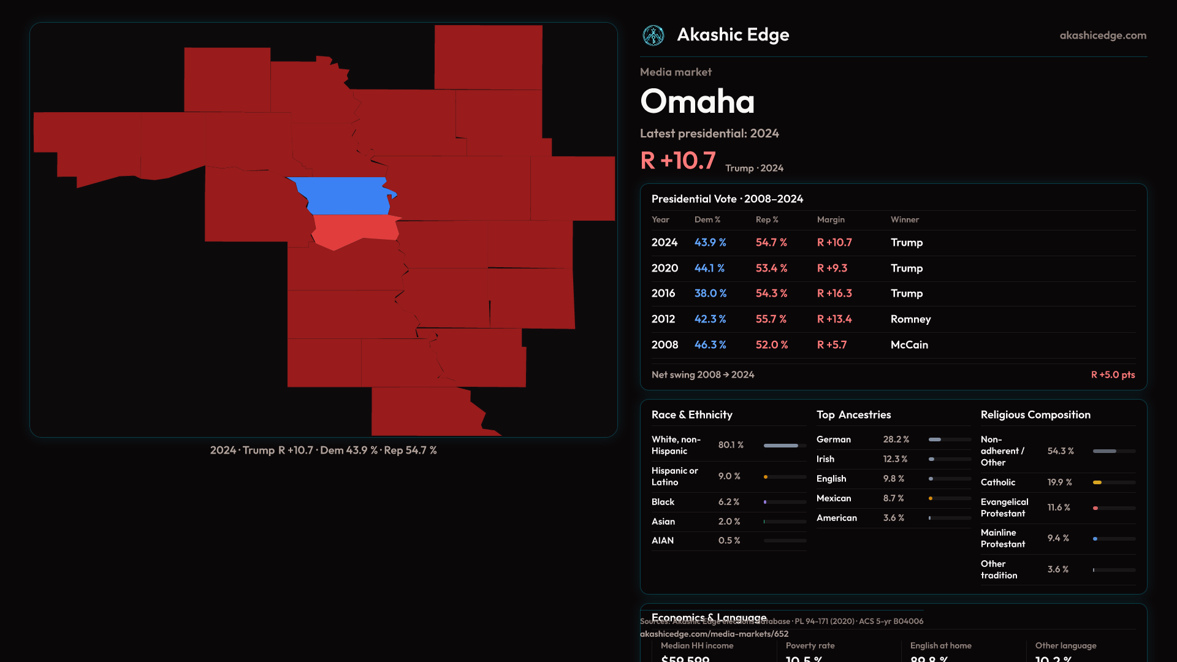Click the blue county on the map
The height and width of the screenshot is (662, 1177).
tap(346, 196)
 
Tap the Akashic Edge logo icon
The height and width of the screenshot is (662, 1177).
tap(653, 36)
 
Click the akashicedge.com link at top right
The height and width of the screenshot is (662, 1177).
tap(1103, 36)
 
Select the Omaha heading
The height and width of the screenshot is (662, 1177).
tap(697, 101)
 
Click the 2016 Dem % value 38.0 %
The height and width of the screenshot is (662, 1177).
tap(710, 294)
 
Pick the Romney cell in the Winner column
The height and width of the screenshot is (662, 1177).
tap(910, 319)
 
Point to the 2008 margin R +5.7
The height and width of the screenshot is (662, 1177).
tap(831, 345)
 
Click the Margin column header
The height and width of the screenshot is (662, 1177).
tap(831, 219)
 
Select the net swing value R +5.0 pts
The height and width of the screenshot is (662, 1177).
tap(1113, 375)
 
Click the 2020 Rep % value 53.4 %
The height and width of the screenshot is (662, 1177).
tap(771, 268)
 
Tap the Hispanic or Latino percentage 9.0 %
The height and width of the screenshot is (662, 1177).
tap(729, 476)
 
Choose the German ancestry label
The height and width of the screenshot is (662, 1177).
tap(833, 439)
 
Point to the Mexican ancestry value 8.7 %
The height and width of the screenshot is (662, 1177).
tap(893, 498)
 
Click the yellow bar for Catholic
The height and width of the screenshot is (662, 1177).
tap(1097, 482)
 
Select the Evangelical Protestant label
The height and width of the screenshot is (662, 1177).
tap(1004, 508)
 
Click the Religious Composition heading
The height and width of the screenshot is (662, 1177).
tap(1035, 415)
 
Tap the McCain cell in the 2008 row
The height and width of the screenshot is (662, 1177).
tap(909, 345)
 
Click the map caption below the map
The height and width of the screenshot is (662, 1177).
tap(323, 451)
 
